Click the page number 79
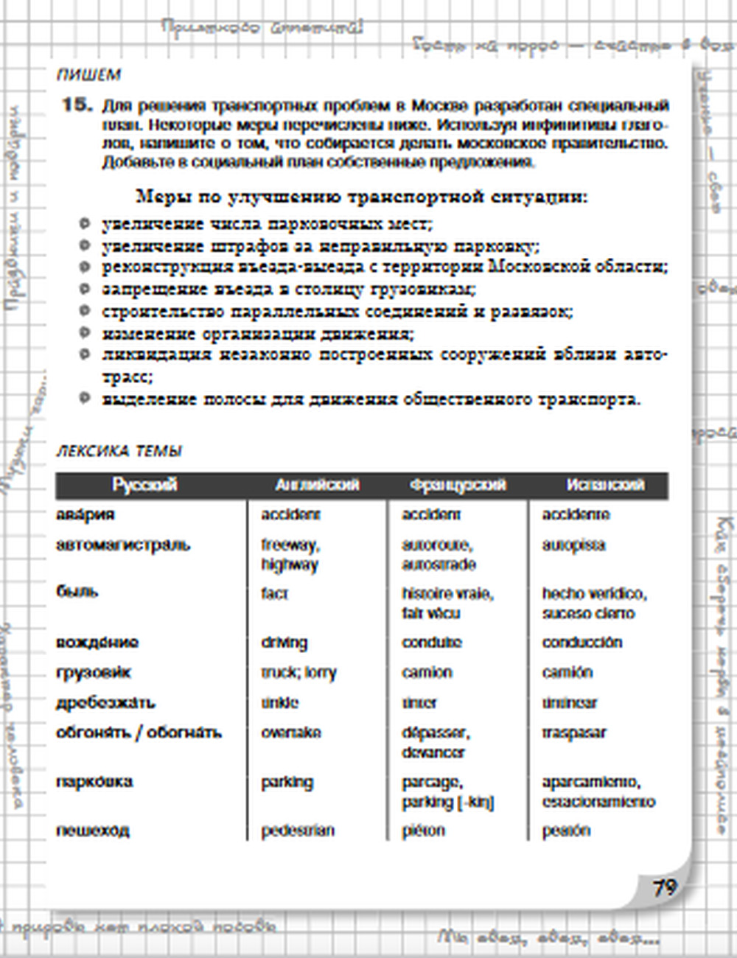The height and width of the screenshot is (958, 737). coord(664,887)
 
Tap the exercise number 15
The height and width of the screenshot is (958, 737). coord(77,105)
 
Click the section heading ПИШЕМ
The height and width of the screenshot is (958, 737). coord(88,75)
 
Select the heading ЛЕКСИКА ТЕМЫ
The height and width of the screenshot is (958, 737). coord(119,451)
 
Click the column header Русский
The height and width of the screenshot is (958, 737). coord(145,485)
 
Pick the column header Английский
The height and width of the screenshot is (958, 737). coord(317,485)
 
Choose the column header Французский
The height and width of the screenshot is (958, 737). coord(458,485)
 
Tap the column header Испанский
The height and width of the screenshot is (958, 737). coord(605,485)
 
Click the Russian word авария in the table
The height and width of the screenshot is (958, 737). coord(85,514)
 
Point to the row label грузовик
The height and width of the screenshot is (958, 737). coord(94,672)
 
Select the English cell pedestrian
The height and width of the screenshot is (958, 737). coord(298,831)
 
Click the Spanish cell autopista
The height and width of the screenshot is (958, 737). coord(573,545)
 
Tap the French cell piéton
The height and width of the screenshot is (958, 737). coord(423,831)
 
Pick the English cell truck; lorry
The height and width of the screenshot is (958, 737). coord(298,672)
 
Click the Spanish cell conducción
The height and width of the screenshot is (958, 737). coord(582,642)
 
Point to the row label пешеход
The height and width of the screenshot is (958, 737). coord(93,831)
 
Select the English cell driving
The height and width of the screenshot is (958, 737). coord(284,642)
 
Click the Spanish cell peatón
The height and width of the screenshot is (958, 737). coord(566,831)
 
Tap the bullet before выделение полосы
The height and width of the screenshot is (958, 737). coord(85,399)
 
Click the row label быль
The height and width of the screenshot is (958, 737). coord(77,591)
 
